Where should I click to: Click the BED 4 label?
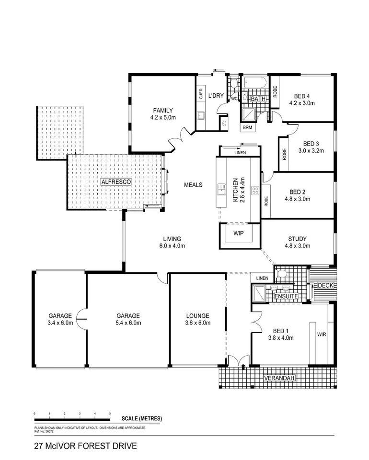[x=300, y=95]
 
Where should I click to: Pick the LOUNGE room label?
[x=197, y=315]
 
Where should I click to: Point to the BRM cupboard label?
[x=247, y=127]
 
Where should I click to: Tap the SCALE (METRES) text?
[x=142, y=418]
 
